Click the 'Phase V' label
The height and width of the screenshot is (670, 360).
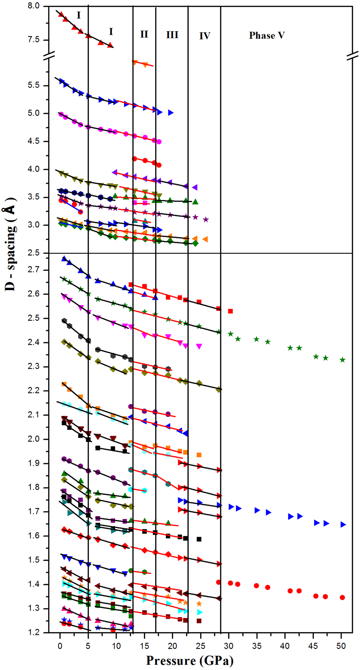[267, 35]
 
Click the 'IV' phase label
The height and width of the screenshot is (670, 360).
[204, 36]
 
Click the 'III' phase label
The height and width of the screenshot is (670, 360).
[172, 35]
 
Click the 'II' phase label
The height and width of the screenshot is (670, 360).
[144, 34]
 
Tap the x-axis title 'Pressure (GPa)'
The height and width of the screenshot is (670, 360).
[190, 661]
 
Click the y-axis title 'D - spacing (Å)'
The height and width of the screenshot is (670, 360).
[12, 245]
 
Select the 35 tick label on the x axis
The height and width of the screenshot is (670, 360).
[257, 646]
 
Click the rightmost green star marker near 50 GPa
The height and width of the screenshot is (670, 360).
[343, 360]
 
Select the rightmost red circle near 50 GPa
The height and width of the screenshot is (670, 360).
[342, 597]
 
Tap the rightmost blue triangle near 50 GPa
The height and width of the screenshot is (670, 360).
[343, 524]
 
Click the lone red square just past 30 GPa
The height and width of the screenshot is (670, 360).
[230, 311]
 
